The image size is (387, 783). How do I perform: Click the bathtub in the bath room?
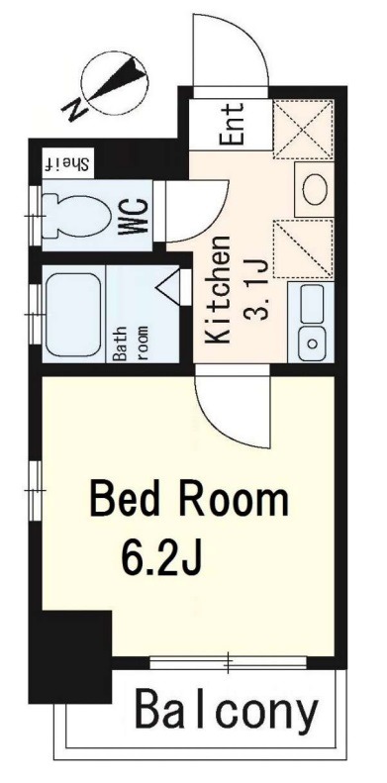[x=73, y=314]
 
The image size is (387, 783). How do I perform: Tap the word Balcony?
[x=227, y=710]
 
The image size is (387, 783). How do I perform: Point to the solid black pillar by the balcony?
[x=69, y=658]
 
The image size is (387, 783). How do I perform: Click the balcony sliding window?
[x=227, y=661]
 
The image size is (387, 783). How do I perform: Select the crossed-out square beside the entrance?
[x=303, y=129]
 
